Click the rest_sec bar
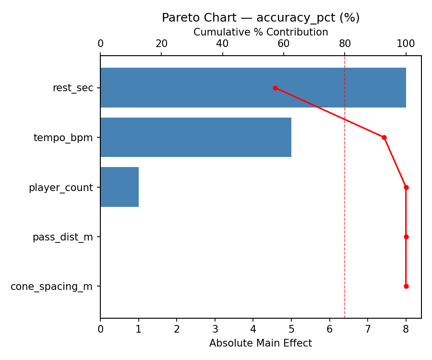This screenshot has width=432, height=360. [253, 88]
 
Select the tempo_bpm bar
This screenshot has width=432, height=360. [196, 137]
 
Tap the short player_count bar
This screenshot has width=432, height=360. [120, 187]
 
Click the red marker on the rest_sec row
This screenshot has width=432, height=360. [275, 88]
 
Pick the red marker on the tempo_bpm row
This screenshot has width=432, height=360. [384, 137]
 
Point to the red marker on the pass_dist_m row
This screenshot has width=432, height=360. [406, 237]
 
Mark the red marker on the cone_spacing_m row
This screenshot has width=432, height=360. [406, 286]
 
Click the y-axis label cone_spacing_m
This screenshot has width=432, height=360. [52, 287]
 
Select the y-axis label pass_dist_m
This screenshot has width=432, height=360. [63, 237]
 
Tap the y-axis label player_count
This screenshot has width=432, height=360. [61, 188]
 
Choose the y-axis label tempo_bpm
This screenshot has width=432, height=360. [63, 138]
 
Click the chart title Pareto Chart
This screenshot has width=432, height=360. [261, 18]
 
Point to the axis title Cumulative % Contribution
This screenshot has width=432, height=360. [261, 32]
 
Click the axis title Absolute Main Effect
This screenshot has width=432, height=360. [261, 343]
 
